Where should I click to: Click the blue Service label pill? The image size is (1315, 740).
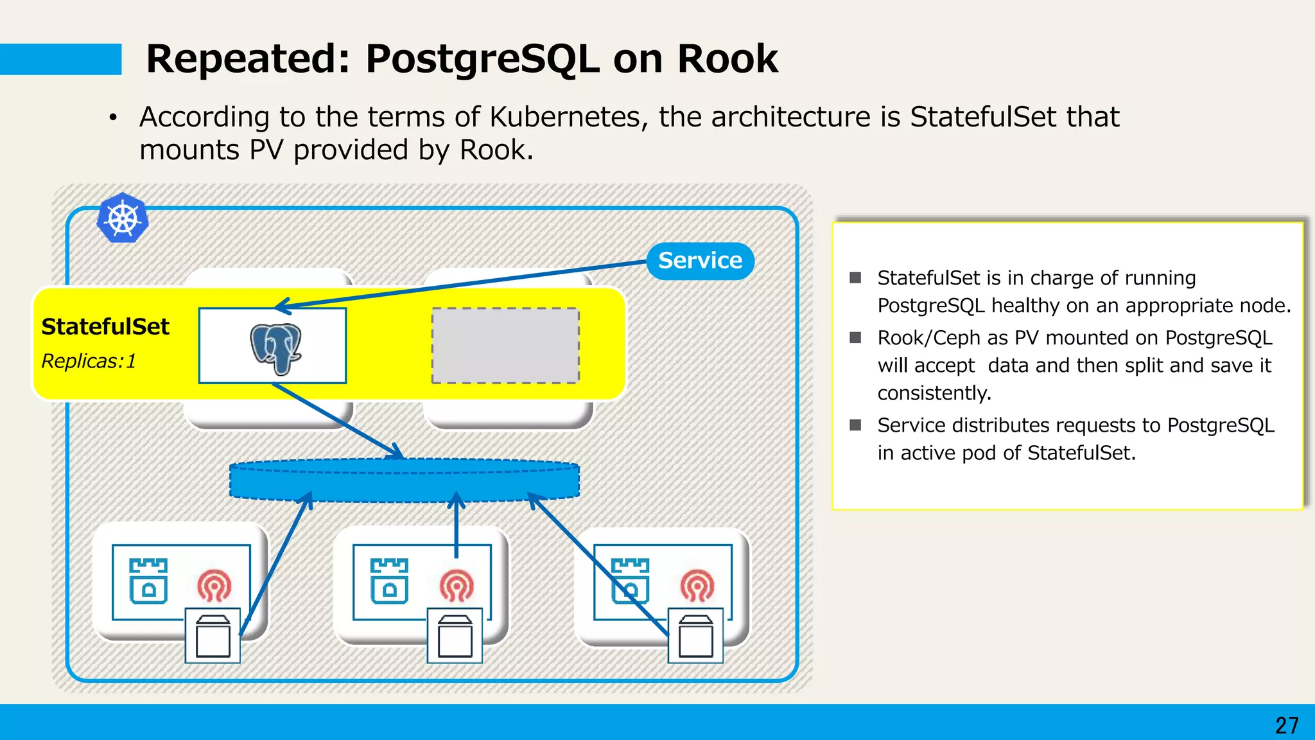[700, 261]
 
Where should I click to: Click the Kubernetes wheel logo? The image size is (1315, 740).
[123, 218]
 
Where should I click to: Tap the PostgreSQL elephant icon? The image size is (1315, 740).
[275, 348]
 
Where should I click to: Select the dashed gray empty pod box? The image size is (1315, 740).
[505, 346]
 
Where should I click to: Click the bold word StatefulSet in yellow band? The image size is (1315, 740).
[105, 327]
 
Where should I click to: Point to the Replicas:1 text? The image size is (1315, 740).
[89, 362]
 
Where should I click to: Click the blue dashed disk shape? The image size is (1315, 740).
[405, 480]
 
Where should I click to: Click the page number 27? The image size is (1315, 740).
[1286, 725]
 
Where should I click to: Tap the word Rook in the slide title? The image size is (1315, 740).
[727, 59]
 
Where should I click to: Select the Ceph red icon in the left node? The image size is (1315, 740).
[214, 585]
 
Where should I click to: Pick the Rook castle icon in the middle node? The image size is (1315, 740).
[389, 581]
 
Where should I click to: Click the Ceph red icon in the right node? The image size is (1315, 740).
[697, 585]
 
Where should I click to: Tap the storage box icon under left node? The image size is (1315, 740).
[213, 636]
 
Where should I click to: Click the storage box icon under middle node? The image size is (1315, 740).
[455, 636]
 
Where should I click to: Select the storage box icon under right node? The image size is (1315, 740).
[696, 636]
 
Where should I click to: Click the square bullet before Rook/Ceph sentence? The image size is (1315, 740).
[855, 338]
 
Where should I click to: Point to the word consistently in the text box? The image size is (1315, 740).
[934, 393]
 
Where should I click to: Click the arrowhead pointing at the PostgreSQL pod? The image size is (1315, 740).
[283, 306]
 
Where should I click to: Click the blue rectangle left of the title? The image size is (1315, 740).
[60, 59]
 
